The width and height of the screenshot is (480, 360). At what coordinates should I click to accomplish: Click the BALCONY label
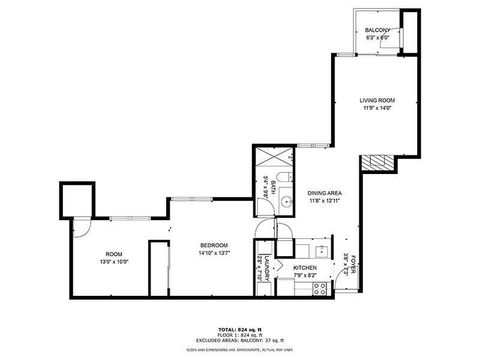tap(378, 30)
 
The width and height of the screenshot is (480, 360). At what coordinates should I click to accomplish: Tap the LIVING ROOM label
tap(377, 100)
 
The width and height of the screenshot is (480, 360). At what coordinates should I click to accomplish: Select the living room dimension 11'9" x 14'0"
tap(377, 109)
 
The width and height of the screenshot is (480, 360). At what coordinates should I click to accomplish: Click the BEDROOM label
tap(214, 245)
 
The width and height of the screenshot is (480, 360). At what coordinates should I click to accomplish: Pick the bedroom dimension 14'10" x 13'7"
tap(214, 253)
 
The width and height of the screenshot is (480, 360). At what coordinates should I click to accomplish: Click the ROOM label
tap(114, 254)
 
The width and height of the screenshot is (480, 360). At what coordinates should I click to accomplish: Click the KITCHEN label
tap(305, 268)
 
